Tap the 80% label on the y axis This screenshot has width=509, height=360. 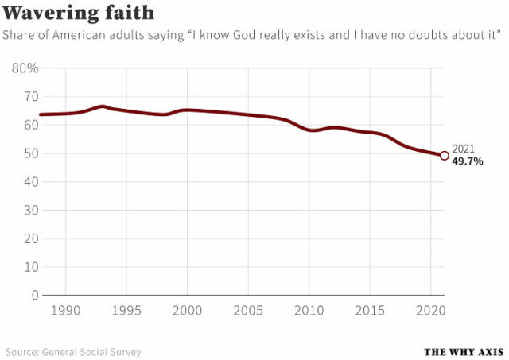coord(25,68)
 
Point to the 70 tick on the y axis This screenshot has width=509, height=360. coord(30,97)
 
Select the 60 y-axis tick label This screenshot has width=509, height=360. coord(30,125)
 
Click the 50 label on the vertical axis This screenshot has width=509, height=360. coord(30,153)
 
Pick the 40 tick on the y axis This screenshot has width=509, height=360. coord(30,182)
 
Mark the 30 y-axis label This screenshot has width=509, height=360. coord(30,210)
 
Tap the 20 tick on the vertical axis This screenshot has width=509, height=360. coord(30,238)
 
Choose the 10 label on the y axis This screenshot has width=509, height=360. coord(30,267)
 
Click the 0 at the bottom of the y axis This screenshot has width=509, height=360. coord(34,296)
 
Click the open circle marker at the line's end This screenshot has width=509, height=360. coord(444,156)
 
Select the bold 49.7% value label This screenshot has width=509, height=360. coord(468,161)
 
